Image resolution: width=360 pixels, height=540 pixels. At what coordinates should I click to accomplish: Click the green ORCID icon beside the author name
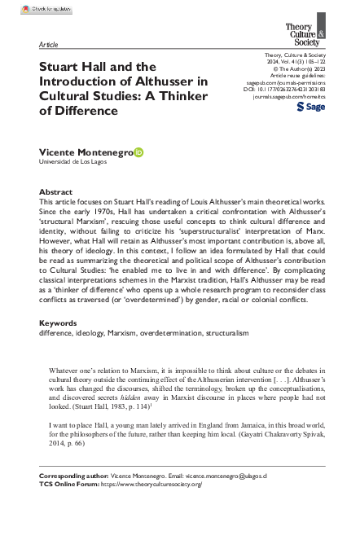138,151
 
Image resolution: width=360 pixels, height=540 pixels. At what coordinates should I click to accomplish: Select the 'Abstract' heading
55,192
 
